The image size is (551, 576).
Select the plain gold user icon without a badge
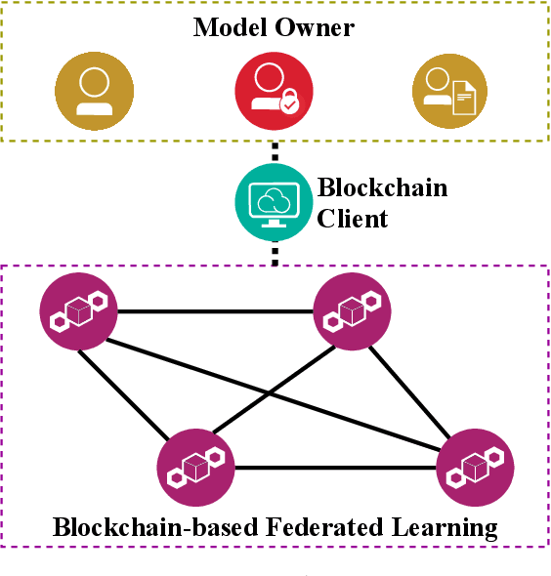click(93, 91)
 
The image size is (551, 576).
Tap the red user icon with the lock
click(274, 91)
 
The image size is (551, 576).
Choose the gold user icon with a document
click(450, 91)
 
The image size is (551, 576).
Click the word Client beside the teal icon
click(352, 218)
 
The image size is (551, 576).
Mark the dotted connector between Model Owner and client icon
click(274, 152)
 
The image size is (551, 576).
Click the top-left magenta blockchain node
click(78, 311)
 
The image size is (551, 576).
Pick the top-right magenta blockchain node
click(353, 311)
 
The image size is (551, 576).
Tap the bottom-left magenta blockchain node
click(195, 467)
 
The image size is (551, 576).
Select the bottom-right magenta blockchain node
click(475, 467)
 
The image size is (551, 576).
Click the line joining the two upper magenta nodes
click(215, 312)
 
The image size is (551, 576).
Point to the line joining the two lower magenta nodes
click(335, 468)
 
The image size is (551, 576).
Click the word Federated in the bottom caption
click(318, 529)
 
